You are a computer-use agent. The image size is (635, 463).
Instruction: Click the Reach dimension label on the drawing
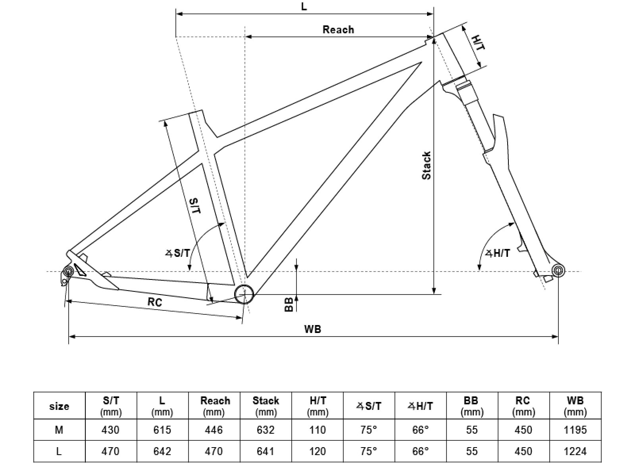pyautogui.click(x=338, y=30)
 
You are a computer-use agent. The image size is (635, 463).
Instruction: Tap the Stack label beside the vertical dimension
pyautogui.click(x=427, y=166)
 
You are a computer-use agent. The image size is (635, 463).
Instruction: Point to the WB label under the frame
pyautogui.click(x=312, y=329)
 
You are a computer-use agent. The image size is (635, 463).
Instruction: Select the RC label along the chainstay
pyautogui.click(x=155, y=302)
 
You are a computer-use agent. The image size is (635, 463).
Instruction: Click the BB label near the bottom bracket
pyautogui.click(x=289, y=304)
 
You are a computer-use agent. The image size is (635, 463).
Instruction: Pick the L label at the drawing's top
pyautogui.click(x=304, y=7)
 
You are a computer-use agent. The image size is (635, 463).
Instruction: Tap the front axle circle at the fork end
pyautogui.click(x=558, y=271)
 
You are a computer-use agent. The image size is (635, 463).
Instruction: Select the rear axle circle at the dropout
pyautogui.click(x=67, y=272)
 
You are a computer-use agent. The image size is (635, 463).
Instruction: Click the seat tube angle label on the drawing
pyautogui.click(x=179, y=253)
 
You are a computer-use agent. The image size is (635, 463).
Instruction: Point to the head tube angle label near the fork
pyautogui.click(x=498, y=253)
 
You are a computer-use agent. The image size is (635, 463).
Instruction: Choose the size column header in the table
pyautogui.click(x=59, y=406)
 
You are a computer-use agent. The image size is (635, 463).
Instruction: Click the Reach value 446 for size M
pyautogui.click(x=214, y=430)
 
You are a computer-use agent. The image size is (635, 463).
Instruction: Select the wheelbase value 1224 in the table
pyautogui.click(x=575, y=451)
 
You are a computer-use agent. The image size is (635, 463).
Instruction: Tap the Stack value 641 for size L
pyautogui.click(x=266, y=451)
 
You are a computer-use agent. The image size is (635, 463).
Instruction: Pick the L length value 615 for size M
pyautogui.click(x=162, y=430)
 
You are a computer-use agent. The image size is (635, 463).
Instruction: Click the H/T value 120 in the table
pyautogui.click(x=317, y=451)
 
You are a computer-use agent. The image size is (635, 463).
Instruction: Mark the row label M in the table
pyautogui.click(x=59, y=430)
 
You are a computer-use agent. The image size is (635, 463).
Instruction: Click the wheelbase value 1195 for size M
pyautogui.click(x=575, y=430)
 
